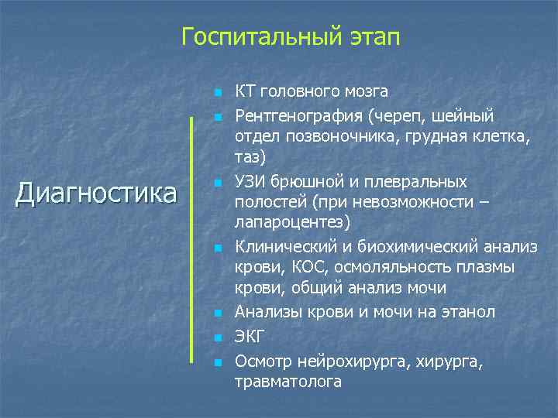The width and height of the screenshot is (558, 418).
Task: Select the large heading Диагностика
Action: tap(96, 192)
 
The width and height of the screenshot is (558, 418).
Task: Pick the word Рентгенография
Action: tap(299, 115)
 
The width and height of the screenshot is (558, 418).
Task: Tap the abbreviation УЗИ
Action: tap(251, 181)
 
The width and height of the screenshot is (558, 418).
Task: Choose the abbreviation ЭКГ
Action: tap(250, 337)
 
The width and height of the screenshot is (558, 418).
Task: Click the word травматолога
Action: tap(288, 382)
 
